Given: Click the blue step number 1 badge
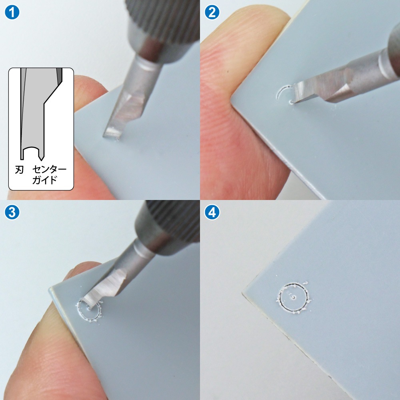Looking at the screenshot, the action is click(x=12, y=12).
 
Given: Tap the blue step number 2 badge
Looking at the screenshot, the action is click(x=212, y=12).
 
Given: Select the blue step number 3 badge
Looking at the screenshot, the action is click(x=12, y=212).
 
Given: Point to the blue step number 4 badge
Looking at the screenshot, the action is click(x=212, y=212).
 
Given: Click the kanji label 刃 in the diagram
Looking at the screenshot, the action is click(x=19, y=169).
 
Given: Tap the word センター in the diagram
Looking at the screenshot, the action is click(x=50, y=169).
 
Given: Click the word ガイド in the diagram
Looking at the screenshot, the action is click(x=44, y=180).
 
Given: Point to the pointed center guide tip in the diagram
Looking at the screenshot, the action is click(x=41, y=160).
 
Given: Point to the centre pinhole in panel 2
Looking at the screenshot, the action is click(x=291, y=102).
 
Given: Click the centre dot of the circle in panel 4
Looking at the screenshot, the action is click(x=294, y=297).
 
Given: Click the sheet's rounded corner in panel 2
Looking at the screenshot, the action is click(x=233, y=100).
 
